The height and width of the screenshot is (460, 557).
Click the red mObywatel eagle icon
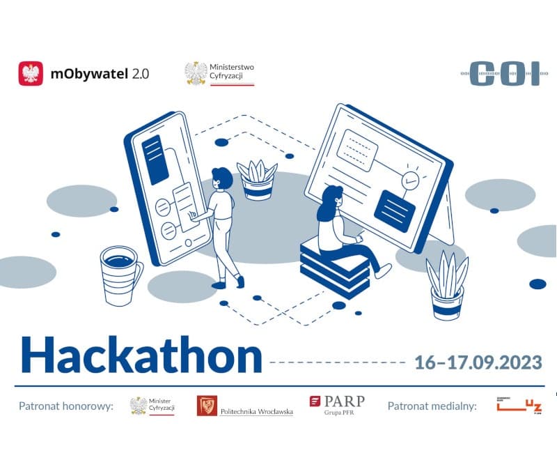31,73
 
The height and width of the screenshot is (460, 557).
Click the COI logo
505,73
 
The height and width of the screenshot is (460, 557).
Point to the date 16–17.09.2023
478,362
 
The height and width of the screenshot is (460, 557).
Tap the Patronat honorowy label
65,406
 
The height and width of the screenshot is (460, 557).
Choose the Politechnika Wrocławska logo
244,406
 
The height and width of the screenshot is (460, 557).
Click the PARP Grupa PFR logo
337,405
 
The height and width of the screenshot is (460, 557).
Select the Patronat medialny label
432,406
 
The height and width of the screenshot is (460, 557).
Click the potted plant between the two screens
257,180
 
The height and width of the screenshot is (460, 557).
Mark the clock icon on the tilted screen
410,180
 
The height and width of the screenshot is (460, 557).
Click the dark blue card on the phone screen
154,160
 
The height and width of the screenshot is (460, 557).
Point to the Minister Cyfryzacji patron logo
152,406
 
